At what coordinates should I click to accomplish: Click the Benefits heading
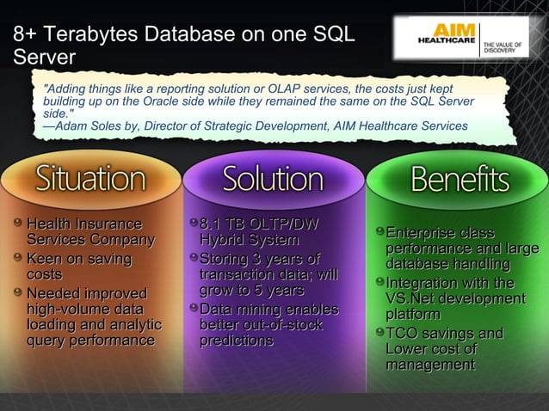tap(460, 179)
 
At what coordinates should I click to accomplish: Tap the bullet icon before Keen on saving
tap(18, 258)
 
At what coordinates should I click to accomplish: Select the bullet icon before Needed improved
tap(18, 292)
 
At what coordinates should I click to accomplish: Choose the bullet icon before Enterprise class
tap(379, 232)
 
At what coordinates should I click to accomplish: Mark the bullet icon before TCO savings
tap(379, 333)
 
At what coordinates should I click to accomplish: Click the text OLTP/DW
tap(287, 224)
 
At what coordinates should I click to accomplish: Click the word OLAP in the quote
tap(260, 89)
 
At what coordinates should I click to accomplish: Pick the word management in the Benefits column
tap(429, 365)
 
